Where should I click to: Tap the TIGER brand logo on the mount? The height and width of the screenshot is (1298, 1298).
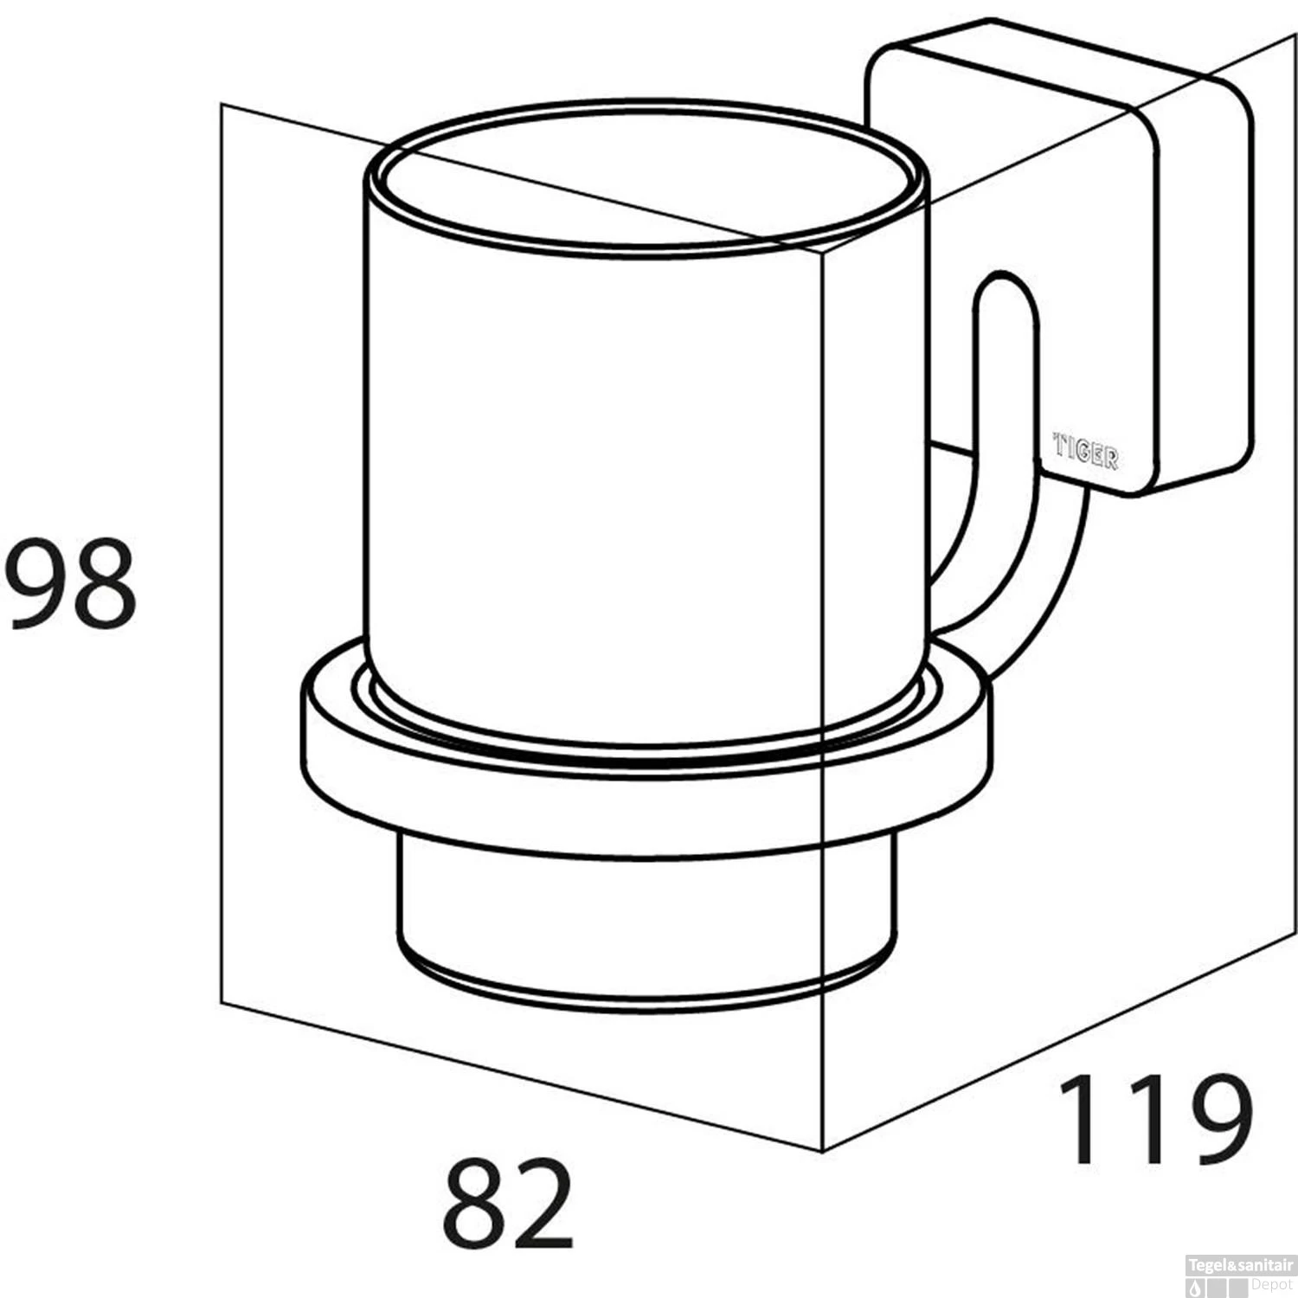coord(1085,451)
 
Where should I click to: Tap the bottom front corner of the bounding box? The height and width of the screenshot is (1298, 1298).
coord(821,1151)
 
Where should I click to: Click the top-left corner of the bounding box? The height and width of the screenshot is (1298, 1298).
coord(222,105)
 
